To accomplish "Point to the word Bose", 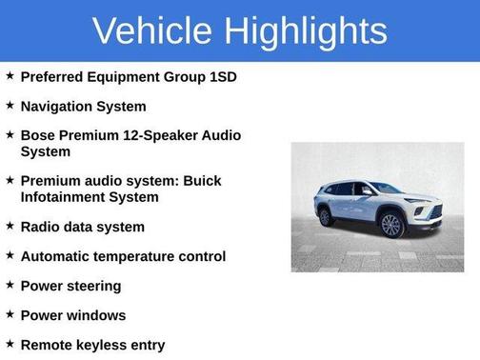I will (39, 135).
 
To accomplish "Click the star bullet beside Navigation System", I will (10, 105).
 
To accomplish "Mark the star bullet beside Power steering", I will (10, 285).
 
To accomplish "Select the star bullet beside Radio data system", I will (10, 226).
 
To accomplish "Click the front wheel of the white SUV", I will (391, 225).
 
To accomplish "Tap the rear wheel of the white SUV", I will (326, 216).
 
